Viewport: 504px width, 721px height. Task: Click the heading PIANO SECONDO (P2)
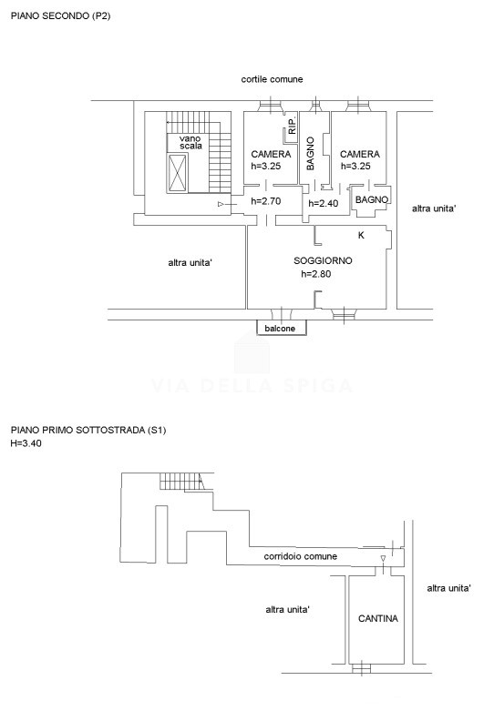coord(60,16)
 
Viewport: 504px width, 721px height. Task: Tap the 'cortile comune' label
coord(272,79)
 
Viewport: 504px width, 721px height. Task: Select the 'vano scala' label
coord(190,142)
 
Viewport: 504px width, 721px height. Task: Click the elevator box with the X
coord(178,172)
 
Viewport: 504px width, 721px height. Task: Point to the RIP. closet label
coord(292,125)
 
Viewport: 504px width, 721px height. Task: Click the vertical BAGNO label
coord(311,153)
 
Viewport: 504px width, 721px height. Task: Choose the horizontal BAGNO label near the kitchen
coord(372,199)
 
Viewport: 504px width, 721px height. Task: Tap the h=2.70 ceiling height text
coord(265,201)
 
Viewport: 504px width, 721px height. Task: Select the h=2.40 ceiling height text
coord(324,203)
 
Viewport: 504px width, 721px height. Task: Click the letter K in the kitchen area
coord(361,235)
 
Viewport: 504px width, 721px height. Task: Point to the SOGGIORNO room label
coord(323,260)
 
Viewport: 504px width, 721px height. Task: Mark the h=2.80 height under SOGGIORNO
coord(315,274)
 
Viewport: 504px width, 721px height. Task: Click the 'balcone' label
coord(280,329)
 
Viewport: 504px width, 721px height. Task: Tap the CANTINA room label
coord(378,618)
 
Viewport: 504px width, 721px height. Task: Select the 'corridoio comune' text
coord(300,556)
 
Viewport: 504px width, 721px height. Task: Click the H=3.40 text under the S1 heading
coord(26,443)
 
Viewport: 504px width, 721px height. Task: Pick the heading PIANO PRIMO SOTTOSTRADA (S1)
coord(87,431)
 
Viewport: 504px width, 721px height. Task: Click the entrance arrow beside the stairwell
coord(221,204)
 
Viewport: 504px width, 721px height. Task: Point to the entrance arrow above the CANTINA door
coord(383,558)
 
